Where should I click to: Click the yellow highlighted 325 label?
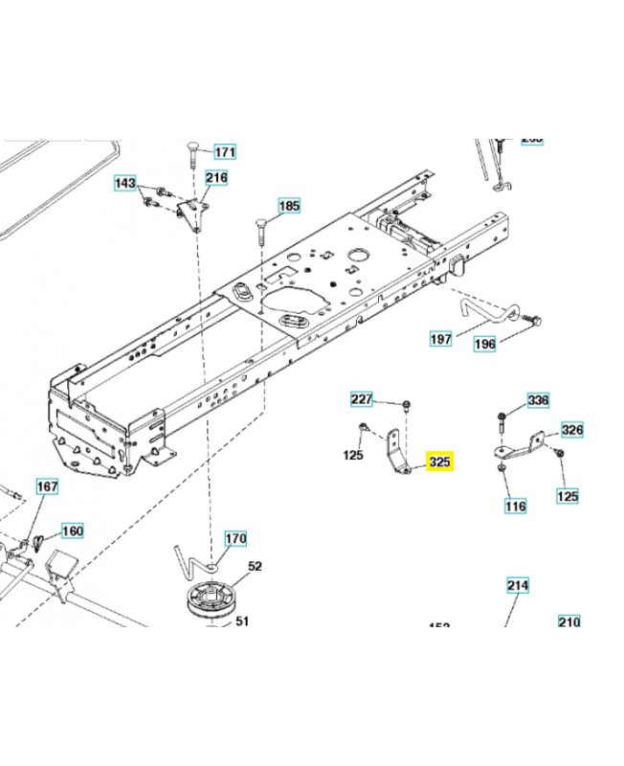coord(440,463)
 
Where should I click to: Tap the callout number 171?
coord(223,152)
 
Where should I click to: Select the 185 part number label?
coord(289,206)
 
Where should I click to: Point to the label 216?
coord(216,177)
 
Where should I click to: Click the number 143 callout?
coord(125,183)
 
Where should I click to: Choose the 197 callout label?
coord(440,339)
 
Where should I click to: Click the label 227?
coord(362,399)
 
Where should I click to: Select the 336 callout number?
coord(539,400)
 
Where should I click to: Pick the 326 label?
coord(571,431)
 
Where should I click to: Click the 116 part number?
coord(516,505)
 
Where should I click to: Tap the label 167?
coord(47,487)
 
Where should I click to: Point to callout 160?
coord(73,530)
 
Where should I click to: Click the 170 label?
coord(235,539)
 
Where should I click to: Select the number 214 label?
coord(518,585)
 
